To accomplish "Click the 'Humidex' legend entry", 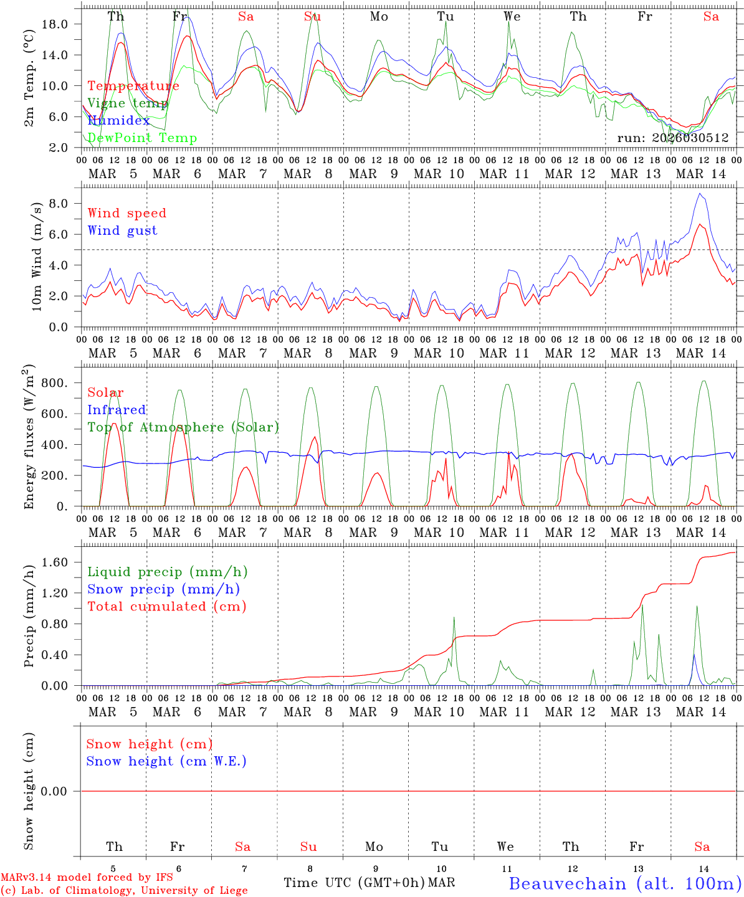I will (x=118, y=121).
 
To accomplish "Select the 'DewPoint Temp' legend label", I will (x=142, y=138).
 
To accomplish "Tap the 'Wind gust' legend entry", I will (x=122, y=230).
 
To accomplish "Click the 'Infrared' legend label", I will (x=117, y=410).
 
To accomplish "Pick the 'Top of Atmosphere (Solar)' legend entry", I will (x=183, y=427).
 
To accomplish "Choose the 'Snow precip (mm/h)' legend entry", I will (x=163, y=589).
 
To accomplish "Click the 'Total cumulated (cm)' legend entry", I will (x=166, y=607).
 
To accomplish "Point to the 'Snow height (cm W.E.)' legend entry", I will (x=166, y=761).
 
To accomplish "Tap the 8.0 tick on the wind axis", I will (x=61, y=204).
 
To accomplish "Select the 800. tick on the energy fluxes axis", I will (x=54, y=383).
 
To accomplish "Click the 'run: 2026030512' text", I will (x=672, y=138).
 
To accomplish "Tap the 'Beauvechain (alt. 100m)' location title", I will (x=624, y=883).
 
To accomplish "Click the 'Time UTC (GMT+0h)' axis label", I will (x=354, y=883).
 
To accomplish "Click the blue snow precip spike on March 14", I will (x=694, y=655).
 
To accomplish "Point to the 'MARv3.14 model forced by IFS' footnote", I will (x=87, y=878).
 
